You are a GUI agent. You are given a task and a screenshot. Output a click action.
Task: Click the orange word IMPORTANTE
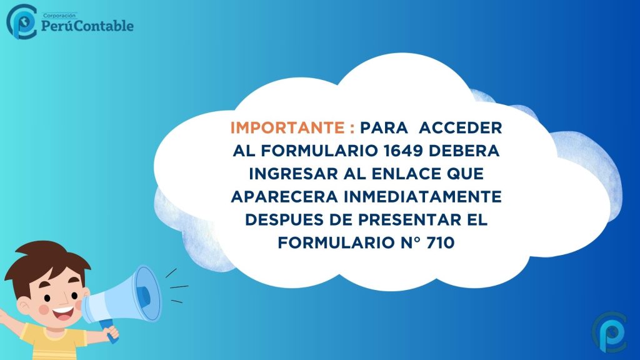(x=287, y=127)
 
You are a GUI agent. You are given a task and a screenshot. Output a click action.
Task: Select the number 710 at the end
(x=441, y=243)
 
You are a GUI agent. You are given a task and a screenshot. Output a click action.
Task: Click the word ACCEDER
(x=461, y=127)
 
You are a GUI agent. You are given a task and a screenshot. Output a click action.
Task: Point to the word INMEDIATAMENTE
(x=422, y=197)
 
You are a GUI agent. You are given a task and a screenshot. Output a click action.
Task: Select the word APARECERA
(x=284, y=197)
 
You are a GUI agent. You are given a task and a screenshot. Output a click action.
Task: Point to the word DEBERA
(x=464, y=151)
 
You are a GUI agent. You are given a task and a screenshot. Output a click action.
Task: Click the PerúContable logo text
(x=87, y=26)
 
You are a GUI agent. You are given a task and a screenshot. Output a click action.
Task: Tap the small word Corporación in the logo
(x=59, y=16)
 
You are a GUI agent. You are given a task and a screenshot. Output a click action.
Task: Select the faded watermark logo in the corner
(x=609, y=332)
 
